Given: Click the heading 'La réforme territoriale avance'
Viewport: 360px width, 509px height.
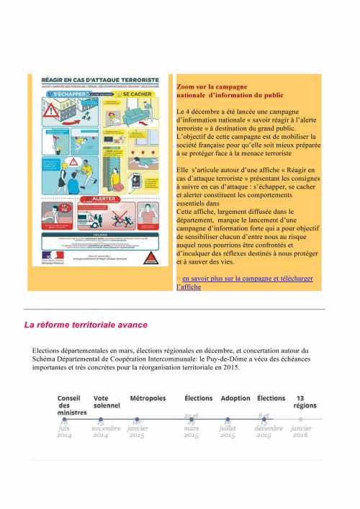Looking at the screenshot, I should coord(86,325).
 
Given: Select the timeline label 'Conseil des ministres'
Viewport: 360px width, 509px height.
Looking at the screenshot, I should coord(70,405).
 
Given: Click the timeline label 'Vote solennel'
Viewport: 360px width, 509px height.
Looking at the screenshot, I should coord(107,402).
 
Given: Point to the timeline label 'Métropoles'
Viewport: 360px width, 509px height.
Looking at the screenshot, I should coord(148,398).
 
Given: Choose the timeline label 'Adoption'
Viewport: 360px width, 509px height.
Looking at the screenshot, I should coord(235,398).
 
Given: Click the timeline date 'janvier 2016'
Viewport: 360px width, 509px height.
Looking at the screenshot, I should coord(301,431).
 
